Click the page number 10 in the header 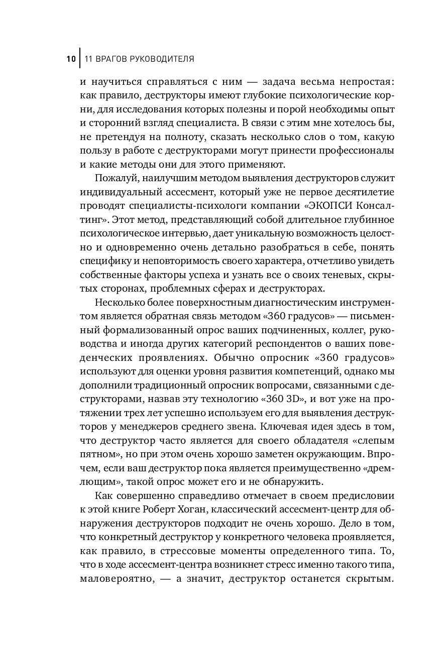point(70,59)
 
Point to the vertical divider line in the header point(79,59)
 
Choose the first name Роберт point(162,509)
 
